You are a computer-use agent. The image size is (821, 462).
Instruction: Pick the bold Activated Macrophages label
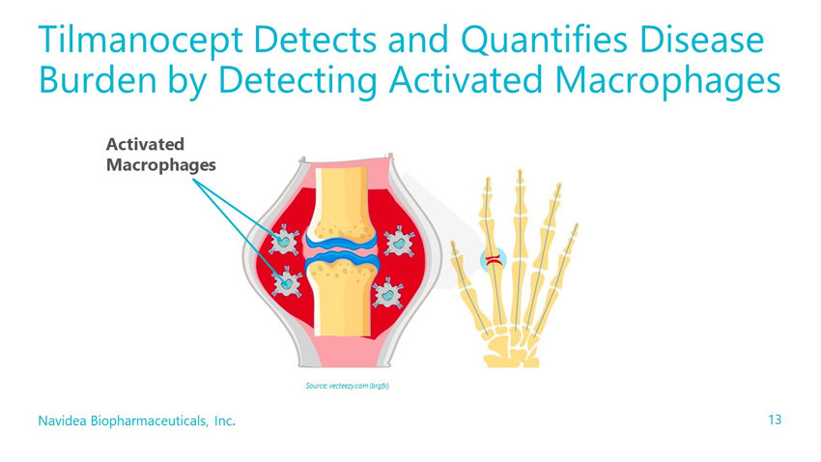click(x=158, y=155)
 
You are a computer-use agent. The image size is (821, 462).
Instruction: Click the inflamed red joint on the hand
click(x=494, y=259)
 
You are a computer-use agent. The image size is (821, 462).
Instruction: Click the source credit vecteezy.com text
click(x=345, y=387)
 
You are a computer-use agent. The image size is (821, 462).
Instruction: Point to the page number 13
click(x=774, y=420)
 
